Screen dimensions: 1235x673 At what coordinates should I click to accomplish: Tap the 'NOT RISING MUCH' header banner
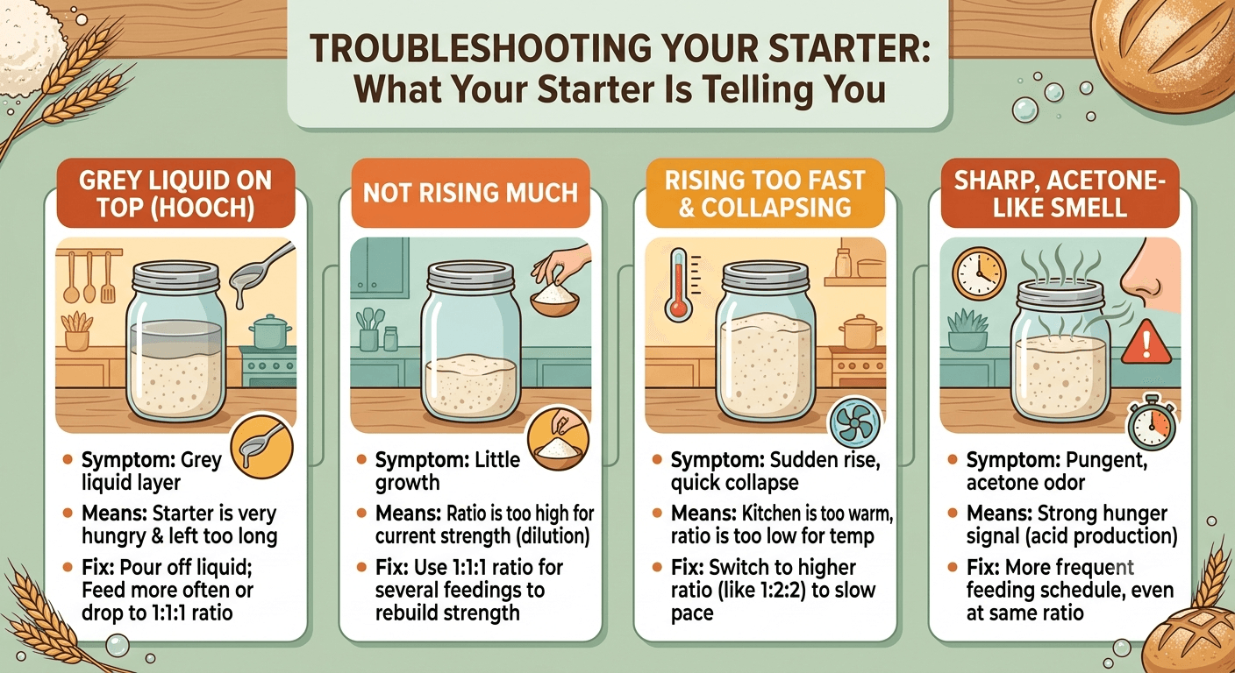point(470,194)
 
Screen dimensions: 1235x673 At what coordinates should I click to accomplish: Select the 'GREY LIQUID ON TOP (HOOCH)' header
point(176,194)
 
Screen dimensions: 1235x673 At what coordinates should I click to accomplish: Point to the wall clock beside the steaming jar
point(979,273)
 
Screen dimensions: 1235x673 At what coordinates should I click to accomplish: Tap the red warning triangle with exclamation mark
point(1146,344)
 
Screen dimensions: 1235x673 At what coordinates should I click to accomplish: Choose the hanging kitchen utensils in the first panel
point(89,277)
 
